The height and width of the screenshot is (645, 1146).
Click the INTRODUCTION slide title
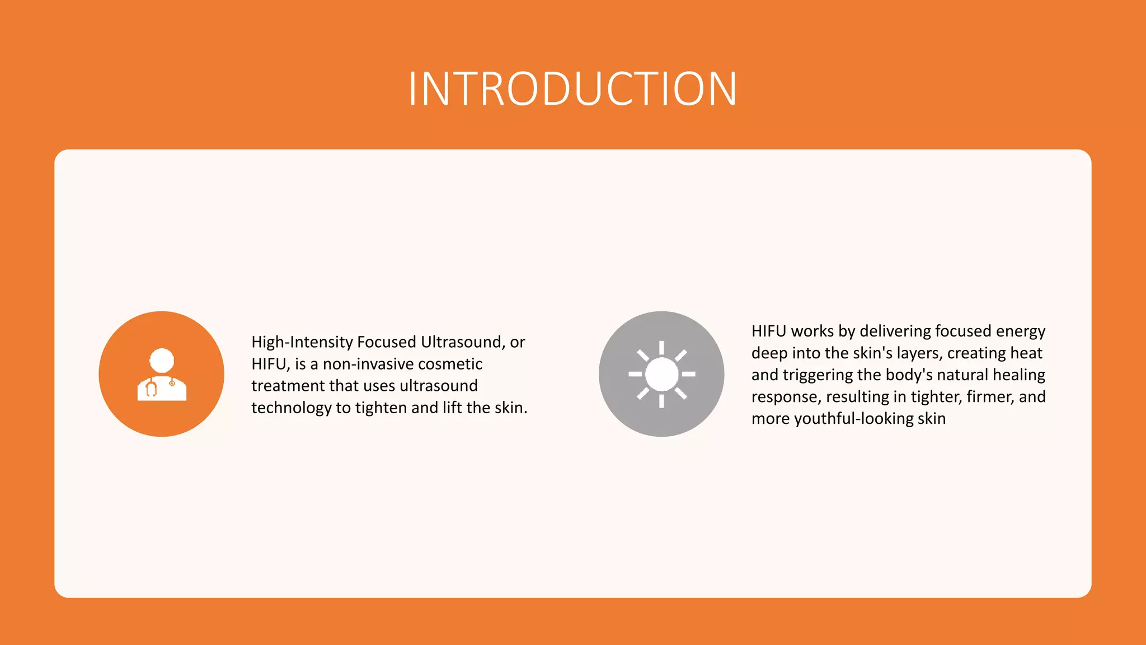pyautogui.click(x=572, y=89)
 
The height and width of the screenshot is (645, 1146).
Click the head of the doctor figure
pyautogui.click(x=162, y=360)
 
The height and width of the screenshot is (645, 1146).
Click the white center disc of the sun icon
pyautogui.click(x=661, y=374)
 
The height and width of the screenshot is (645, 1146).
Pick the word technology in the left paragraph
pyautogui.click(x=291, y=408)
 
